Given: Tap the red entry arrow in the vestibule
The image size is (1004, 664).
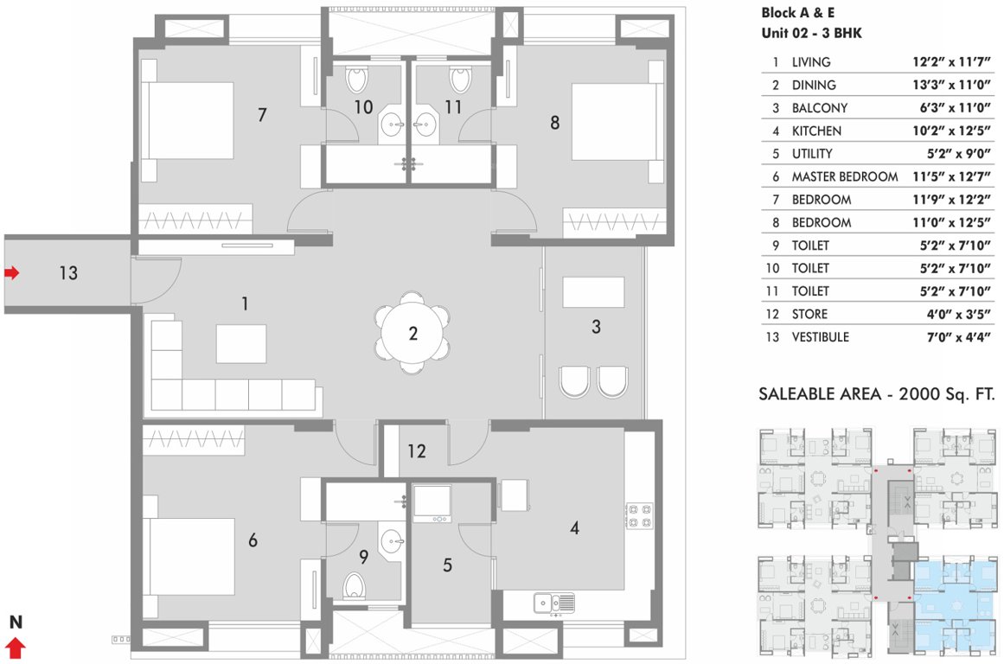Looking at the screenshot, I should [11, 273].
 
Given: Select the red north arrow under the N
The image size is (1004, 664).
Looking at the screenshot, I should [16, 648].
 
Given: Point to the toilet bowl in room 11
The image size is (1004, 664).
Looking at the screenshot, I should [461, 80].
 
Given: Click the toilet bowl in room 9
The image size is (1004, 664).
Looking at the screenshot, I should [355, 586].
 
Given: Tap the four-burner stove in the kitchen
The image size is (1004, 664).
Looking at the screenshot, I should [638, 515].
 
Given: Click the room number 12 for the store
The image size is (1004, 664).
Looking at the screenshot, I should [417, 450].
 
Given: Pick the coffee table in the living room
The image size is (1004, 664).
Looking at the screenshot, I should [241, 343].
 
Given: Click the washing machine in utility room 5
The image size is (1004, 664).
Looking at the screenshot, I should [432, 502].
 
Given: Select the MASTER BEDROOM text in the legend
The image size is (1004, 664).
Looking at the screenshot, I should [844, 176].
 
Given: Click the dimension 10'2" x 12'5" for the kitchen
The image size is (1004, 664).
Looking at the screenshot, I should [950, 131].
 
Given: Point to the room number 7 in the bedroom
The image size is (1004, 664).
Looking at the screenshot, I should [262, 114].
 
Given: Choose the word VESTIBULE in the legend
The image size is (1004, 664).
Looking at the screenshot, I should [820, 336].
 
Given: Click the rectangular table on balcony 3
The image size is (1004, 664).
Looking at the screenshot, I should [593, 291].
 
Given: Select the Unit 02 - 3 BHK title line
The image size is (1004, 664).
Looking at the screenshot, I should [811, 34].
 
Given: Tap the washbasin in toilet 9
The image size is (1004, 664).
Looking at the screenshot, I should [393, 542].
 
